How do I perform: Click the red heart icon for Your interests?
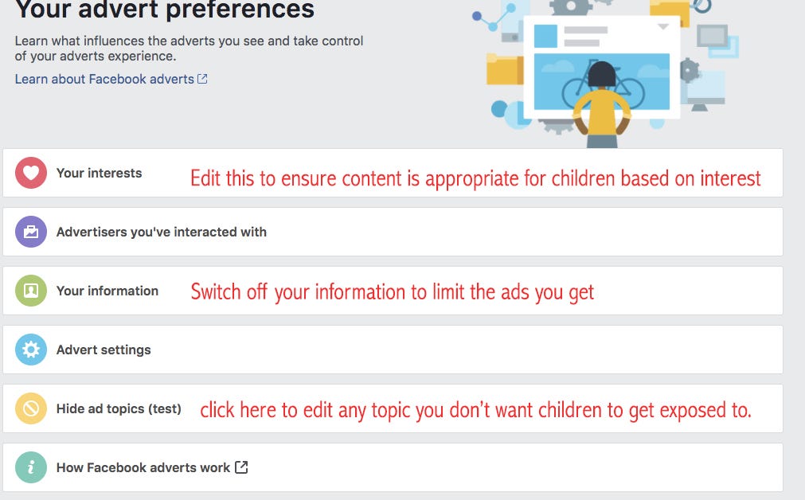[x=31, y=173]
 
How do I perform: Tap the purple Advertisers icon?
[x=31, y=232]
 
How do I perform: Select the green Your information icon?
[x=31, y=291]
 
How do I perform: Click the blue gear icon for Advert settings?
[x=31, y=350]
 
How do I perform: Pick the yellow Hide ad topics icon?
[x=31, y=408]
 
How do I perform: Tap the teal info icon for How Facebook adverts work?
[x=31, y=467]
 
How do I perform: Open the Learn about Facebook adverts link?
[x=104, y=79]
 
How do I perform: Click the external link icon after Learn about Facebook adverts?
[x=202, y=79]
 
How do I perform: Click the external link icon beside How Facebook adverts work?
[x=241, y=467]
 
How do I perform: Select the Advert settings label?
[x=104, y=350]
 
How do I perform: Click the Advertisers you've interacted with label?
[x=161, y=232]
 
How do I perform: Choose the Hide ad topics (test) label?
[x=119, y=408]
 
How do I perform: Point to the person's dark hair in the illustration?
[x=602, y=74]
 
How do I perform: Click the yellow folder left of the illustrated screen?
[x=504, y=69]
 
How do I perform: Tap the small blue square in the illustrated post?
[x=545, y=36]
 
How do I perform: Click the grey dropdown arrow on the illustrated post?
[x=663, y=27]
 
